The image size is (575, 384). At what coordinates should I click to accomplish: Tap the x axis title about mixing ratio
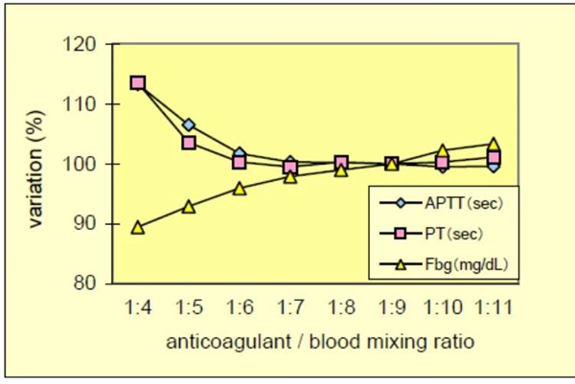coord(315,342)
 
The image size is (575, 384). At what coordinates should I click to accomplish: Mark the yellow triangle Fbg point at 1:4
coord(138,227)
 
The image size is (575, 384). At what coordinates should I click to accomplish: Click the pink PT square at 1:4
coord(138,83)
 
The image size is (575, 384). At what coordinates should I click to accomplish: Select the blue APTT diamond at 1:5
coord(189,125)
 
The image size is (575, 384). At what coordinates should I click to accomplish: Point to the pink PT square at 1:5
coord(189,143)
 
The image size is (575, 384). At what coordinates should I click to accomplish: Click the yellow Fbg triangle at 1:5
coord(189,206)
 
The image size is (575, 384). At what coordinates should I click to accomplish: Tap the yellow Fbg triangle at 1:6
coord(240,188)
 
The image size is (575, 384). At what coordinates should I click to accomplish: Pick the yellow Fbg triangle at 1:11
coord(493,145)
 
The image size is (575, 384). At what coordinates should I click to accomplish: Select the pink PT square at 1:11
coord(493,157)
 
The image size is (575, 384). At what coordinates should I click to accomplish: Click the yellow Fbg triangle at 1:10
coord(442,150)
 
